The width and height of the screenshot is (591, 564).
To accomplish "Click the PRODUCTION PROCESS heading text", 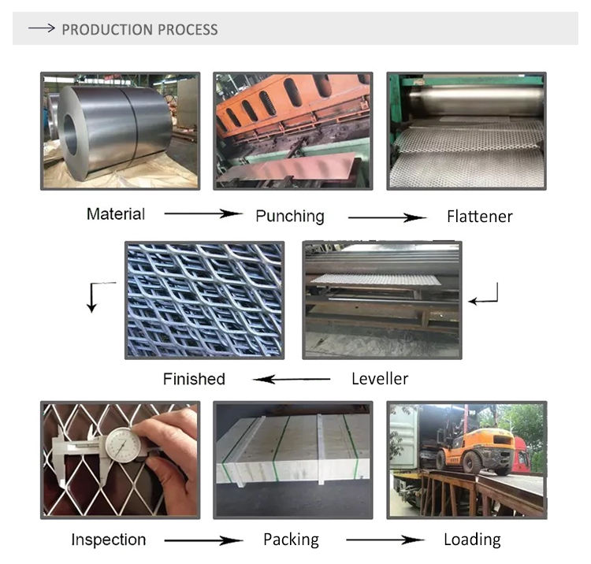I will coord(139,30).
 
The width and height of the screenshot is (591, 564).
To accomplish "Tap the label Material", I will coord(116,213).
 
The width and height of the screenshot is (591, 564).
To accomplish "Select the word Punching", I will coord(289,216).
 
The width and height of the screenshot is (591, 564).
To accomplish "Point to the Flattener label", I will coord(479,216).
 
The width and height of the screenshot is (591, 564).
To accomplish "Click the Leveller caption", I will coord(380,379).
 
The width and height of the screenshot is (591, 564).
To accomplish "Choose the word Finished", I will coord(194,379).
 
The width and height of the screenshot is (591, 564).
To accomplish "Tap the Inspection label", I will coord(109,540).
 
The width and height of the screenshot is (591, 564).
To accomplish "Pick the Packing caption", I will coord(291,540).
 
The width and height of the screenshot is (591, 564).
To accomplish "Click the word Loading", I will coord(472,540).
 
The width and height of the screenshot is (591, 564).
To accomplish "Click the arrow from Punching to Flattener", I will coord(387,217).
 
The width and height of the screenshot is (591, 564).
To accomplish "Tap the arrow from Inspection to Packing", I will coord(203,540).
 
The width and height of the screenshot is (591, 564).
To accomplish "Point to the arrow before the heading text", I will coord(41,29).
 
